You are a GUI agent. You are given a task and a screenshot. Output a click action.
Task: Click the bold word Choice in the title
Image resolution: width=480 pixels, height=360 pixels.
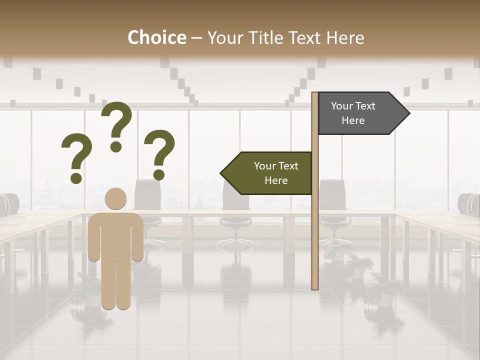point(156,37)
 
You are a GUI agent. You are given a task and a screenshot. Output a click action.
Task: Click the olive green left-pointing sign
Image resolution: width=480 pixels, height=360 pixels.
point(270,173)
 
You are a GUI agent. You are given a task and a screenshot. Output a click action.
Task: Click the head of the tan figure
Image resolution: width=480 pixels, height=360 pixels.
point(115,198)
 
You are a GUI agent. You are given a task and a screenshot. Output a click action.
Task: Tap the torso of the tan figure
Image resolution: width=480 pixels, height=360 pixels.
point(115,235)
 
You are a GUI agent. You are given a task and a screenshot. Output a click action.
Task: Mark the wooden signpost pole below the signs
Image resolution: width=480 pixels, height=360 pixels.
point(315,240)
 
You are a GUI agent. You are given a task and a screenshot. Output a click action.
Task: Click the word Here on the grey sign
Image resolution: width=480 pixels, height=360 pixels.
point(353,120)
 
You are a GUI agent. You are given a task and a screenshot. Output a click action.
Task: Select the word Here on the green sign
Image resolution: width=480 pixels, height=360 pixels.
point(276,180)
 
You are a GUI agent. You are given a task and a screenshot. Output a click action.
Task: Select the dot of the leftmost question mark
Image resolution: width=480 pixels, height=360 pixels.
point(76,178)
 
